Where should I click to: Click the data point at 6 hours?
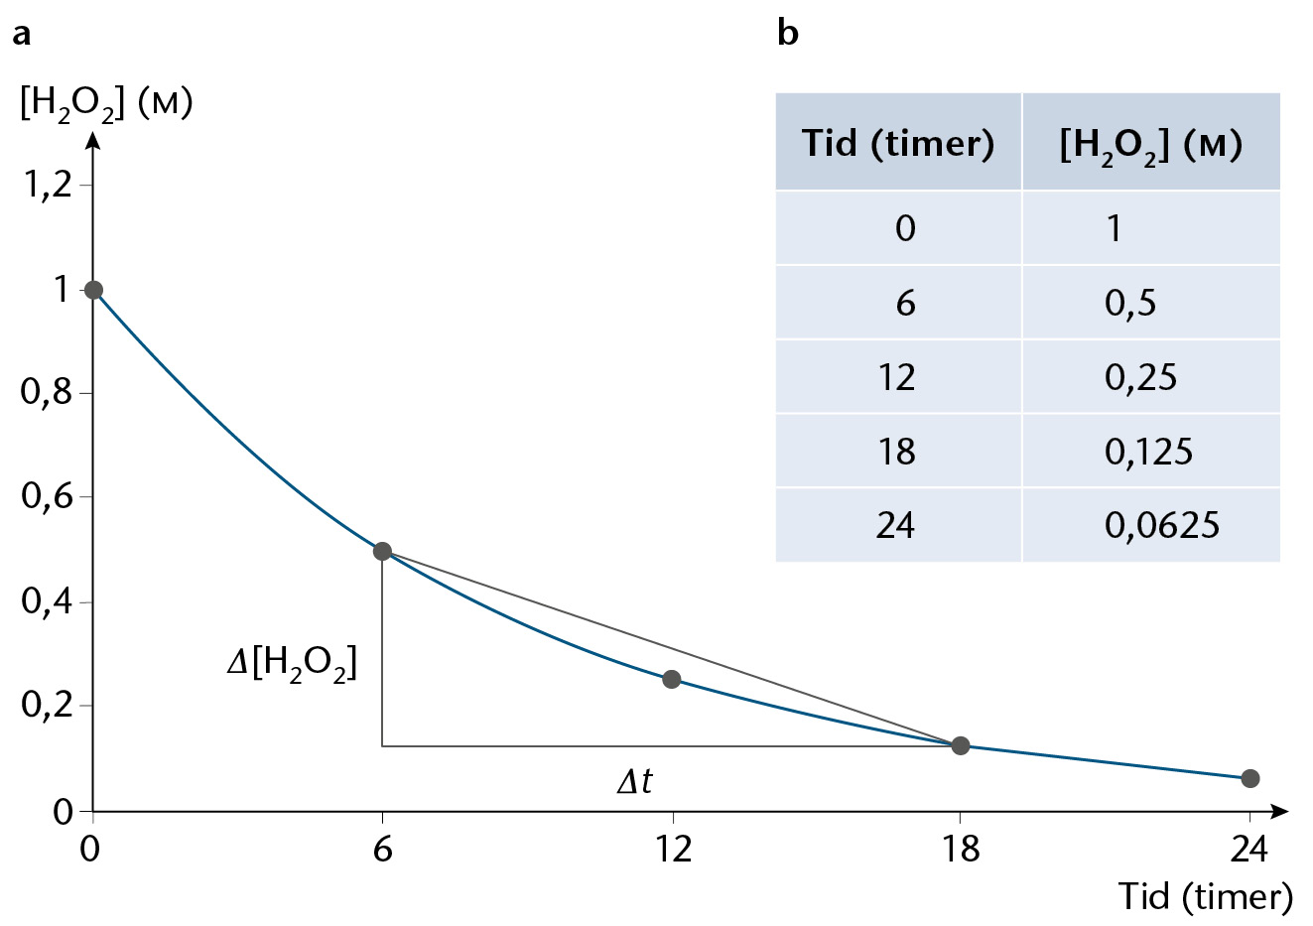click(x=382, y=551)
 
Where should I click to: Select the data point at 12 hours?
click(x=671, y=679)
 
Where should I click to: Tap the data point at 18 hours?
click(x=960, y=745)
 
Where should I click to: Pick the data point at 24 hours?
click(x=1249, y=778)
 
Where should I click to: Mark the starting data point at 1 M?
click(x=93, y=290)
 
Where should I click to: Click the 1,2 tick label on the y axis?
click(x=47, y=187)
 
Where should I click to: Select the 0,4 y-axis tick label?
click(x=47, y=600)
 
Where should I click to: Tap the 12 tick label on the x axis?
click(x=672, y=849)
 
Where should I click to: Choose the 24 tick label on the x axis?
click(x=1248, y=849)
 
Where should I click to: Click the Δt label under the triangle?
click(x=635, y=780)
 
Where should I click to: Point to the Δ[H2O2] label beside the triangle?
click(x=292, y=665)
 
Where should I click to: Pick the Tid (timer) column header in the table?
click(x=898, y=142)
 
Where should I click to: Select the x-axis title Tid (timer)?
click(x=1206, y=896)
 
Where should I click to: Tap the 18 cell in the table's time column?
click(x=897, y=452)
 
